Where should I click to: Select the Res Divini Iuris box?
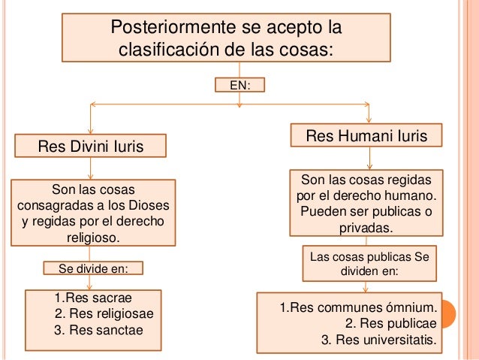click(x=92, y=146)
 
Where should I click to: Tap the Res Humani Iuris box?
click(x=367, y=136)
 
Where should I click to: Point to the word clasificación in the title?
click(x=170, y=50)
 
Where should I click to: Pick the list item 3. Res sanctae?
click(x=98, y=329)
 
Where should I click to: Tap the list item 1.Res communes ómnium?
click(x=357, y=308)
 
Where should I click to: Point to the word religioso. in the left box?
click(x=94, y=238)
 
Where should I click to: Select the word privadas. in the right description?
click(x=366, y=228)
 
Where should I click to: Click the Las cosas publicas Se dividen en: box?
click(x=369, y=263)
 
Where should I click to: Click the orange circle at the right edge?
click(x=467, y=314)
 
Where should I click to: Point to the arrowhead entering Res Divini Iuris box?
click(x=90, y=132)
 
